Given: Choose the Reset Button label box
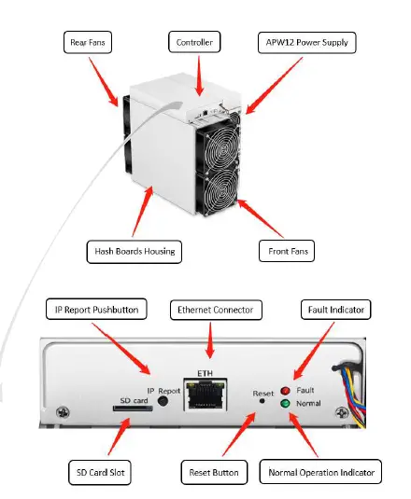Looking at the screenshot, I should tap(217, 472).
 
